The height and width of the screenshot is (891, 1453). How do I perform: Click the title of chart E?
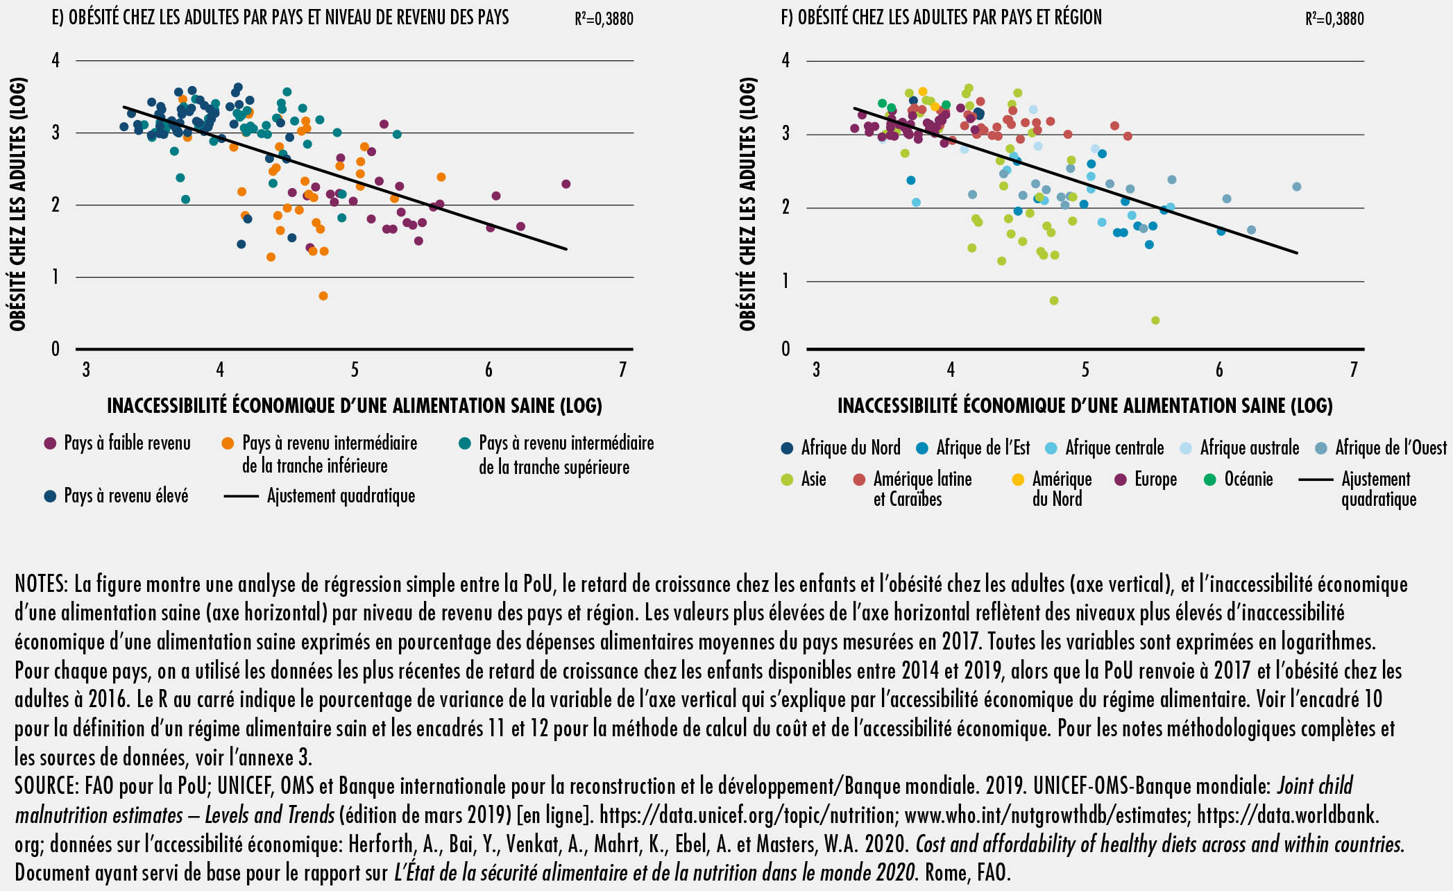tap(280, 17)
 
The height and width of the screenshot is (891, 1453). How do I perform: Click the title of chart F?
tap(941, 17)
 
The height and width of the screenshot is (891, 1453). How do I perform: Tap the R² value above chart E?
tap(604, 19)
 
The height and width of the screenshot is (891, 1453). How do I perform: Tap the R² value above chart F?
tap(1334, 19)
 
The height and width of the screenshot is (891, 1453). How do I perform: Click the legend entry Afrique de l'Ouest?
tap(1391, 448)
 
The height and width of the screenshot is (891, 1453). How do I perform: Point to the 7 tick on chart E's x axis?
tap(622, 370)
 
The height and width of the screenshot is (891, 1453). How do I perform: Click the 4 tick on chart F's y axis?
tap(785, 60)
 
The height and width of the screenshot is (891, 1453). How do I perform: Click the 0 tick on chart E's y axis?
tap(56, 349)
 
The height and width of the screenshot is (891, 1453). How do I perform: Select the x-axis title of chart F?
tap(1085, 406)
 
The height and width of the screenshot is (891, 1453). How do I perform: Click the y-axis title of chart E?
tap(18, 204)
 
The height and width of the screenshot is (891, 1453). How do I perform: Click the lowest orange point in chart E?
tap(323, 296)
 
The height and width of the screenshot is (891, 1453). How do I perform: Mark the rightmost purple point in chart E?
tap(566, 184)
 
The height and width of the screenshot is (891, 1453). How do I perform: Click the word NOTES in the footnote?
tap(40, 584)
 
